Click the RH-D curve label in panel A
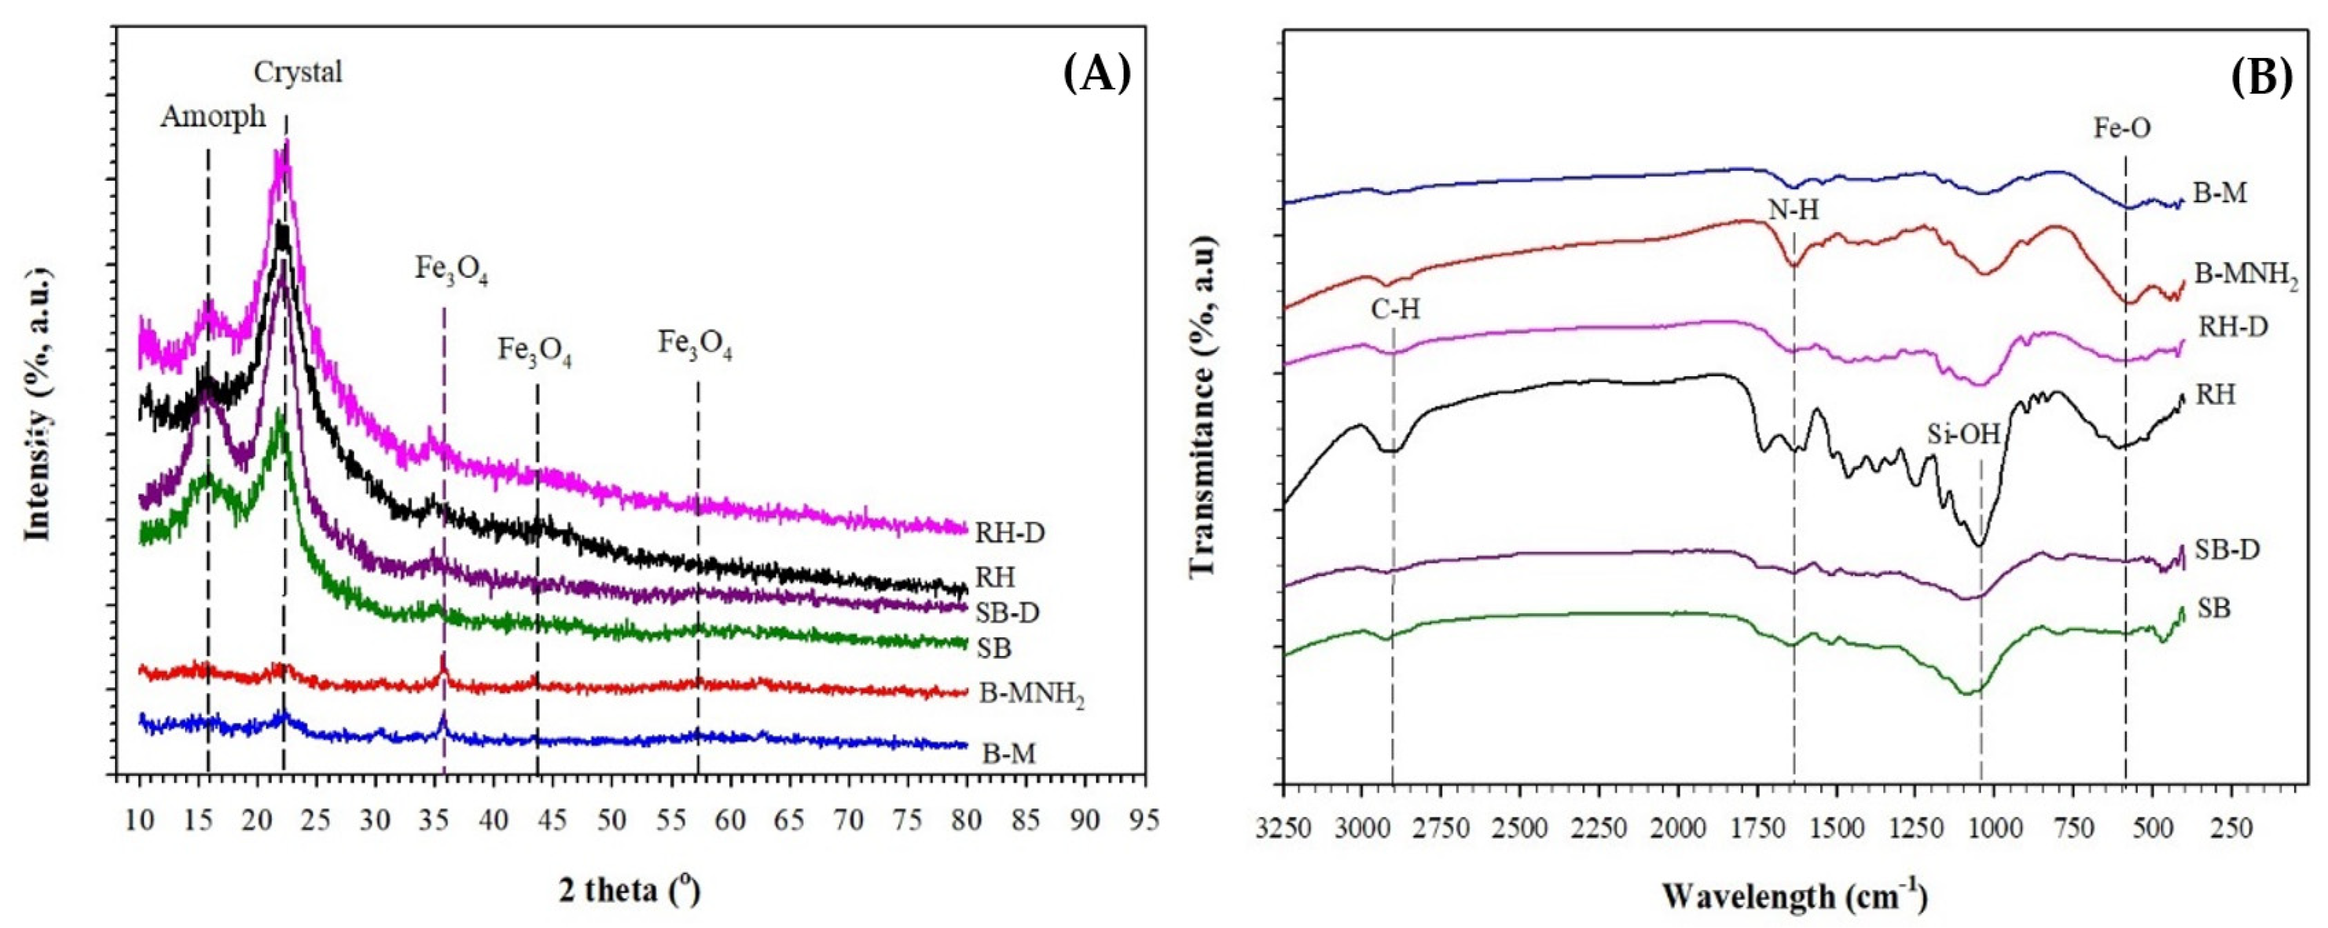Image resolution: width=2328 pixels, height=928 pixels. tap(1009, 533)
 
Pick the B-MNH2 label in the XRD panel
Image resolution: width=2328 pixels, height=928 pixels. tap(1031, 696)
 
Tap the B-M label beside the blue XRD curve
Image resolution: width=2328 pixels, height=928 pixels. tap(1008, 753)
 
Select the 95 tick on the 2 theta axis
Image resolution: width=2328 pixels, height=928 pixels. tap(1144, 820)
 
